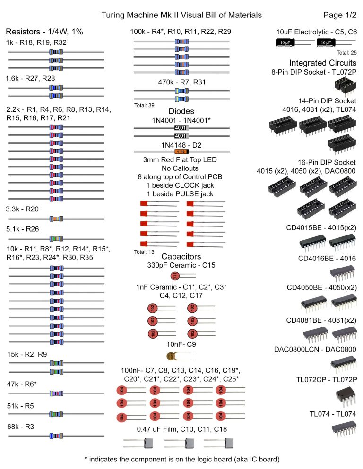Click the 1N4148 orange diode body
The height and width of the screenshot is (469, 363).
(181, 151)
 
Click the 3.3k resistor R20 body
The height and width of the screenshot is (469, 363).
(56, 218)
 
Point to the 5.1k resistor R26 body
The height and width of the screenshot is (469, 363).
(56, 239)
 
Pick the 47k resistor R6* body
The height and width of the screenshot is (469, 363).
(56, 393)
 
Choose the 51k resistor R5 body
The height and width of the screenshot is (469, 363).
(56, 414)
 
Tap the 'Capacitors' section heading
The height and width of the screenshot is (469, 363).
(181, 256)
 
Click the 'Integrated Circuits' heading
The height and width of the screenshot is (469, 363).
(323, 63)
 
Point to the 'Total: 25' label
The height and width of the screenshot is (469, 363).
(346, 52)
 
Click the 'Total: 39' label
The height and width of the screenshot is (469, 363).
(145, 105)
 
